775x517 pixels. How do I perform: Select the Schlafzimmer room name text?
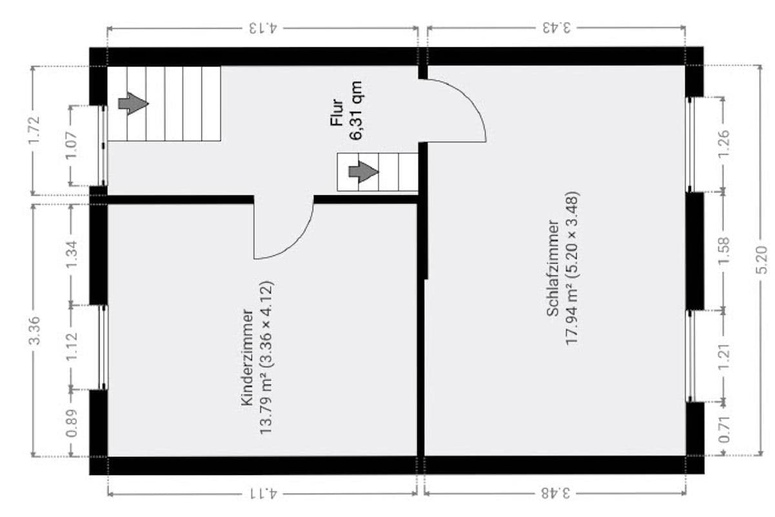(553, 269)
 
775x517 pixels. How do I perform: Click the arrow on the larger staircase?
(134, 103)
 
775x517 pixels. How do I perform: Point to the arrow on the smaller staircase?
(363, 172)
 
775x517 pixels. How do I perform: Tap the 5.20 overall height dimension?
(762, 260)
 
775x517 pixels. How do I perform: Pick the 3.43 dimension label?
(556, 28)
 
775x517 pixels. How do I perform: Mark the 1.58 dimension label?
(724, 250)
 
